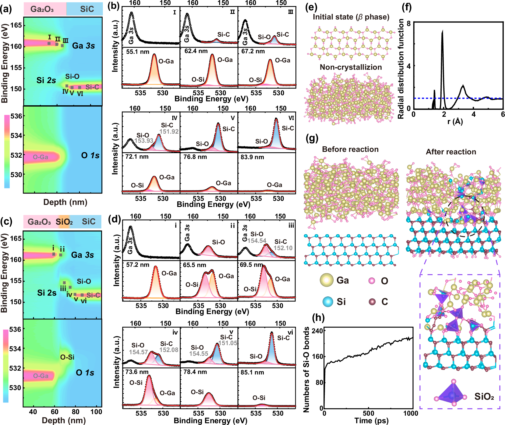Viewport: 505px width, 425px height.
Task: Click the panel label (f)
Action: pyautogui.click(x=406, y=8)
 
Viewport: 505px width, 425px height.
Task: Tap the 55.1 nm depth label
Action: pyautogui.click(x=137, y=52)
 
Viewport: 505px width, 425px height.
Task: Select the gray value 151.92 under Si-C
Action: pyautogui.click(x=169, y=131)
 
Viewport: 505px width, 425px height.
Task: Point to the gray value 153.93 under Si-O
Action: pyautogui.click(x=144, y=140)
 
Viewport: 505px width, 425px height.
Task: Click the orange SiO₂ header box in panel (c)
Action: pyautogui.click(x=64, y=222)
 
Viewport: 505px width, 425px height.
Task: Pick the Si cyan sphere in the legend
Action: pyautogui.click(x=328, y=302)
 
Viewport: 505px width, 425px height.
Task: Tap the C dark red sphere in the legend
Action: pyautogui.click(x=372, y=302)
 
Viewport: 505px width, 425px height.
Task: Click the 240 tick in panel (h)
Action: pyautogui.click(x=317, y=331)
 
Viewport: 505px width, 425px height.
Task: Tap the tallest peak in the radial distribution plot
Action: pyautogui.click(x=442, y=31)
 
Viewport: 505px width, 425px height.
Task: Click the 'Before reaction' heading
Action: pyautogui.click(x=350, y=149)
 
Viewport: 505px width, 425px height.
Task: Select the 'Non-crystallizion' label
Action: pyautogui.click(x=351, y=67)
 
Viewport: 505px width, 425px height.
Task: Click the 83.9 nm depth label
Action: pyautogui.click(x=252, y=157)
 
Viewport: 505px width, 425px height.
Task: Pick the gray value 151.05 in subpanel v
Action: pyautogui.click(x=227, y=343)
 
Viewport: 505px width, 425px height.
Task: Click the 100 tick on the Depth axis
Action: pyautogui.click(x=96, y=412)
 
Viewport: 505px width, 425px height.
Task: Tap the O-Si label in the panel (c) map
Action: pyautogui.click(x=67, y=357)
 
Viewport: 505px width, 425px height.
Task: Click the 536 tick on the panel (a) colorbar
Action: pyautogui.click(x=16, y=116)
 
